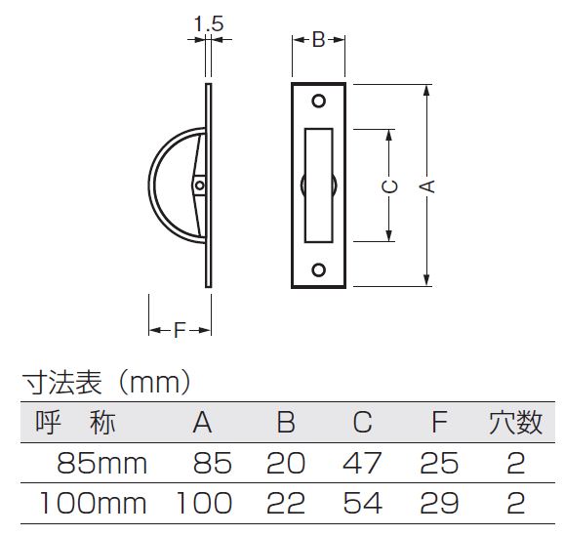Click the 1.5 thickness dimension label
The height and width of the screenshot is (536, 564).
pyautogui.click(x=209, y=23)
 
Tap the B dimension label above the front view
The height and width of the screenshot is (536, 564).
pyautogui.click(x=319, y=40)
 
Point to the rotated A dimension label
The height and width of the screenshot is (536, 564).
pyautogui.click(x=427, y=186)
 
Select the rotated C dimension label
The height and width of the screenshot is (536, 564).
pyautogui.click(x=389, y=186)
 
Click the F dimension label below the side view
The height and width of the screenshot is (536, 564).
pyautogui.click(x=180, y=330)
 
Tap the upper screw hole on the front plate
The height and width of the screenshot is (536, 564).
pyautogui.click(x=319, y=102)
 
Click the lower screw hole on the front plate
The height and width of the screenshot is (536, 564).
pyautogui.click(x=319, y=269)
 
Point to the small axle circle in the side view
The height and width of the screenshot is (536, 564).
pyautogui.click(x=200, y=186)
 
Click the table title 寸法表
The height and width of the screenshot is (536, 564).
pyautogui.click(x=62, y=383)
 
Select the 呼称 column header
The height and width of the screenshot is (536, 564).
pyautogui.click(x=75, y=423)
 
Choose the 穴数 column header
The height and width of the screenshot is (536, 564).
pyautogui.click(x=515, y=423)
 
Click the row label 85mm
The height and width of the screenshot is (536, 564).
pyautogui.click(x=102, y=464)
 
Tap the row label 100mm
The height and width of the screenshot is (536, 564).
pyautogui.click(x=93, y=503)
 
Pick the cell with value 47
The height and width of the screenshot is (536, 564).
pyautogui.click(x=362, y=464)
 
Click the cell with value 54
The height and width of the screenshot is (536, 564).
pyautogui.click(x=362, y=503)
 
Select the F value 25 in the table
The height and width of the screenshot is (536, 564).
pyautogui.click(x=439, y=464)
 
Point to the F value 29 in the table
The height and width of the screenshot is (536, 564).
pyautogui.click(x=439, y=503)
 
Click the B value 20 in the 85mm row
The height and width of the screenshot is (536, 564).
pyautogui.click(x=286, y=464)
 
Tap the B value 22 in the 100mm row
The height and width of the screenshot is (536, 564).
pyautogui.click(x=286, y=503)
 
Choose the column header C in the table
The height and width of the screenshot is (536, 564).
pyautogui.click(x=362, y=422)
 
